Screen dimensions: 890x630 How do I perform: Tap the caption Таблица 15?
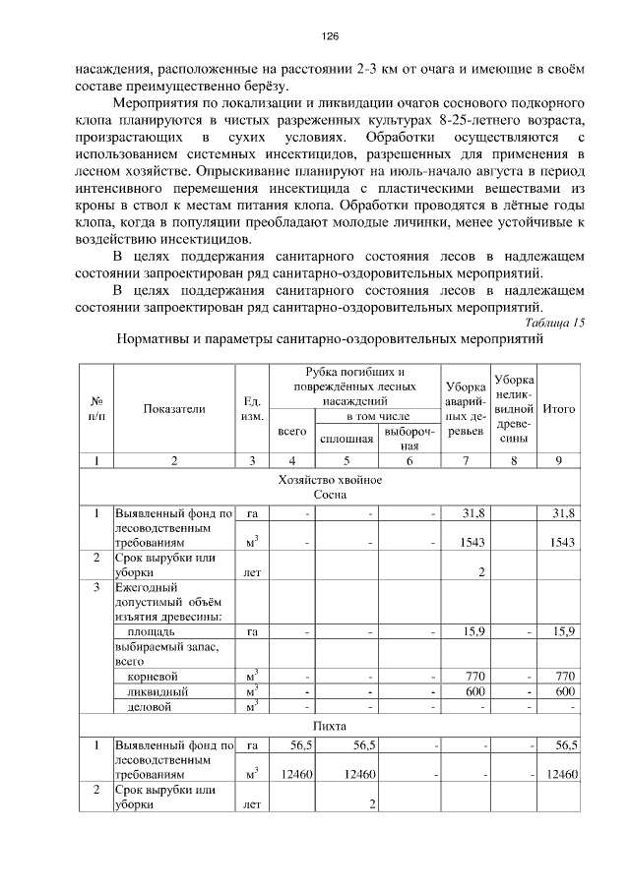(554, 322)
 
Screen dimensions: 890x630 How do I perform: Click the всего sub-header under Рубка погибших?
(292, 432)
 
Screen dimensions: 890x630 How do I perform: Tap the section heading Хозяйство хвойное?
(330, 479)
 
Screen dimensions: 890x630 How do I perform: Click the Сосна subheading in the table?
(330, 495)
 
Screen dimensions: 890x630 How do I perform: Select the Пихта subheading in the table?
(330, 727)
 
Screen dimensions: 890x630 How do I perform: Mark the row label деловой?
(152, 706)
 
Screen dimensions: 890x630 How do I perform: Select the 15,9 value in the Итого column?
(564, 630)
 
